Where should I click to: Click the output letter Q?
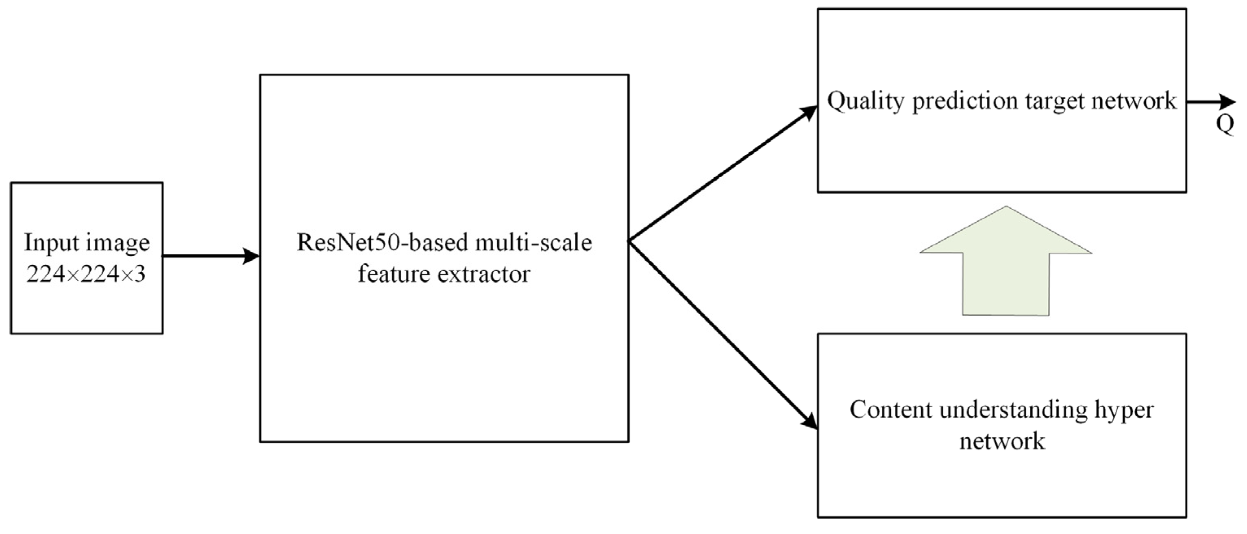coord(1225,125)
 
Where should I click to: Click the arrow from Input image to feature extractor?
coord(211,256)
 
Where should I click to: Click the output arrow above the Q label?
coord(1210,102)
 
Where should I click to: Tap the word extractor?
coord(484,274)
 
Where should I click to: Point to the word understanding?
coord(1012,410)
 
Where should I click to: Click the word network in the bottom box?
coord(1002,441)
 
